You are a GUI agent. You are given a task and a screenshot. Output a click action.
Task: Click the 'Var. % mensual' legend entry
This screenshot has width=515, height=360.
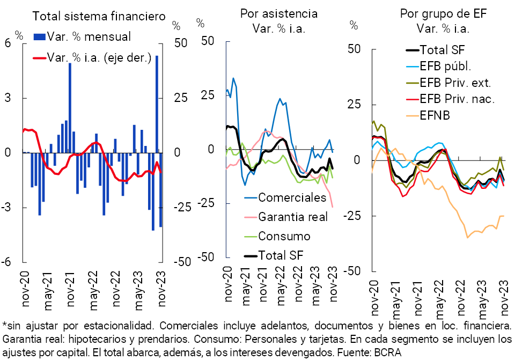click(89, 36)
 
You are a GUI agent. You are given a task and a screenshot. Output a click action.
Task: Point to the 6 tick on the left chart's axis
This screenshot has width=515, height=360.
click(8, 44)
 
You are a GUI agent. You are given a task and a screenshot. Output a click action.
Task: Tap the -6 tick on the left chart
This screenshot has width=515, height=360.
click(8, 262)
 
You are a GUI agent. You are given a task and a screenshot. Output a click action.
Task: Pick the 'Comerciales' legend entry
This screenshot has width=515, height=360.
click(292, 197)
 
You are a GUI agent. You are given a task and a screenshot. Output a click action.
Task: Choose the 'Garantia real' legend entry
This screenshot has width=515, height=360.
click(293, 217)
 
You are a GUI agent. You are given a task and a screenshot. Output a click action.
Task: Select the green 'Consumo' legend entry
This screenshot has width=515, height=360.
click(284, 236)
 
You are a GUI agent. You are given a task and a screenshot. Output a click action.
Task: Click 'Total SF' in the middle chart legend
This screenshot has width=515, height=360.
click(281, 255)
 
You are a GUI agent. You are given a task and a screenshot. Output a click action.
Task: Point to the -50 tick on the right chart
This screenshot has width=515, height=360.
click(353, 271)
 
